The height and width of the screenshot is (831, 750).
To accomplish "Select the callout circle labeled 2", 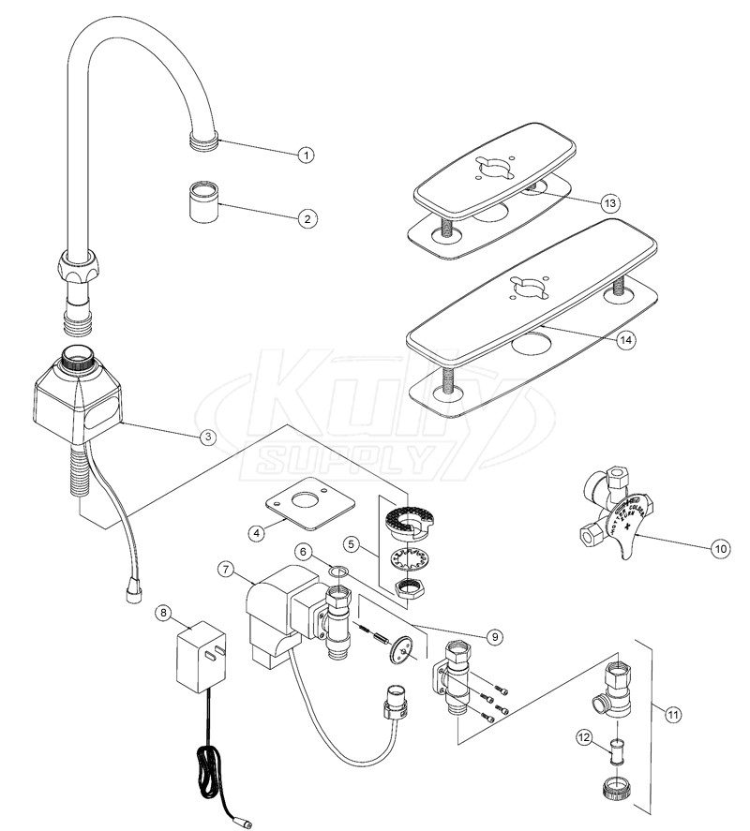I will click(306, 218).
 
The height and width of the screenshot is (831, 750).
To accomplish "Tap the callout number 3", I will click(208, 437).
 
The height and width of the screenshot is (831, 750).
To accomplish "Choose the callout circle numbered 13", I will click(611, 203).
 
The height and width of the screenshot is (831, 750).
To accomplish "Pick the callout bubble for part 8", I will click(164, 613).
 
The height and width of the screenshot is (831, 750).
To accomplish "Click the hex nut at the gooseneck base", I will click(81, 266).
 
